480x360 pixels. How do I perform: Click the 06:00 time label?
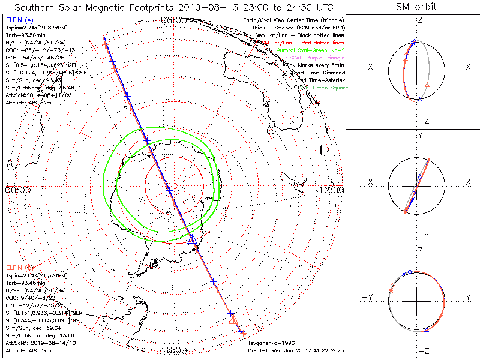coord(173,20)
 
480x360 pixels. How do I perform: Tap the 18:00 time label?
coord(173,351)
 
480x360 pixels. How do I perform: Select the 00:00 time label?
coord(17,190)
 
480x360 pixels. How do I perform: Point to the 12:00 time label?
coord(331,190)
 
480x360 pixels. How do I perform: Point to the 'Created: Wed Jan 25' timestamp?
coord(296,350)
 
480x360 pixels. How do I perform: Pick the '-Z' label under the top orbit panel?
coord(422,121)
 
